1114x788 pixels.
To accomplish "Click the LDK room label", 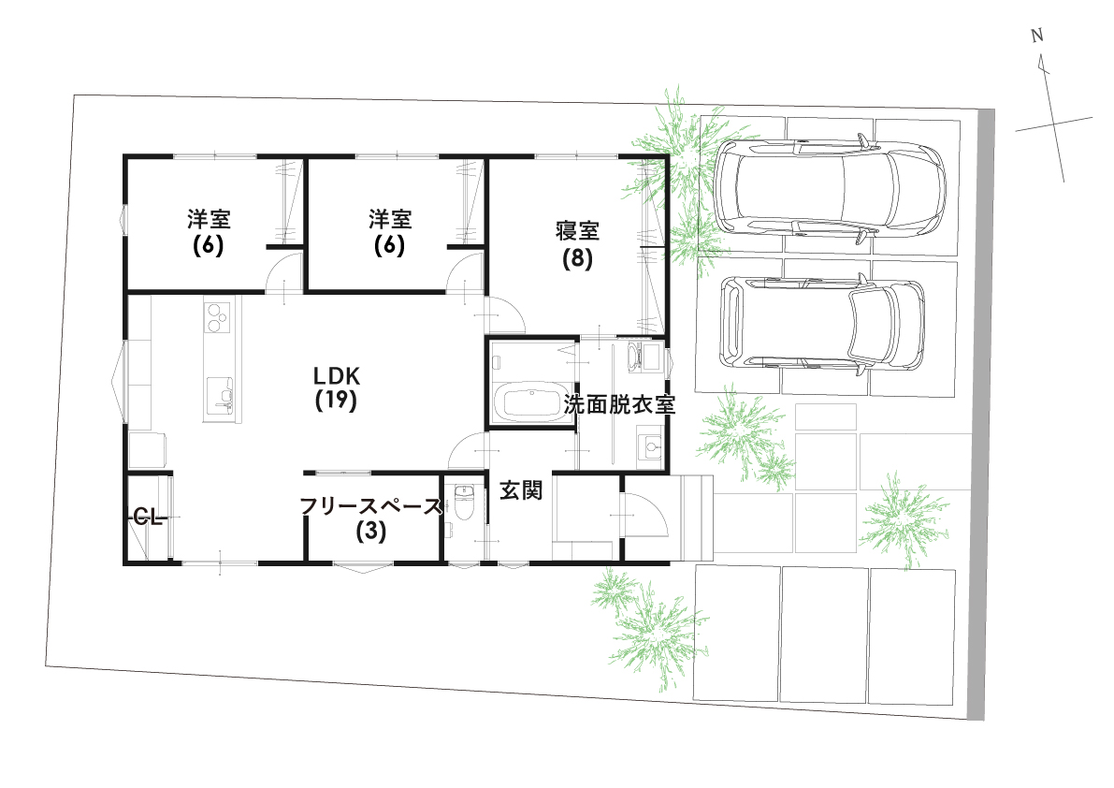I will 337,375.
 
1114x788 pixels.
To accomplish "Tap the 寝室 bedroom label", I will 577,229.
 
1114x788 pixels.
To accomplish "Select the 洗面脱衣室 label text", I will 618,405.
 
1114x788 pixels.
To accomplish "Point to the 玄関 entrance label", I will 521,489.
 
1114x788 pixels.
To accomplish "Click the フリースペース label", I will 369,507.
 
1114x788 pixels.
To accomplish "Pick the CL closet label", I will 148,516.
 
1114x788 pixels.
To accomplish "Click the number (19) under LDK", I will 337,401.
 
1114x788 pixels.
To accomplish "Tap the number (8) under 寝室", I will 577,259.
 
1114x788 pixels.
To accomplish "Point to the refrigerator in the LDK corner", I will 145,449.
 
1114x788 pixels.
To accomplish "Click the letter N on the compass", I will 1036,36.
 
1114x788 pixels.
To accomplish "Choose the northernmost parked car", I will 831,190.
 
